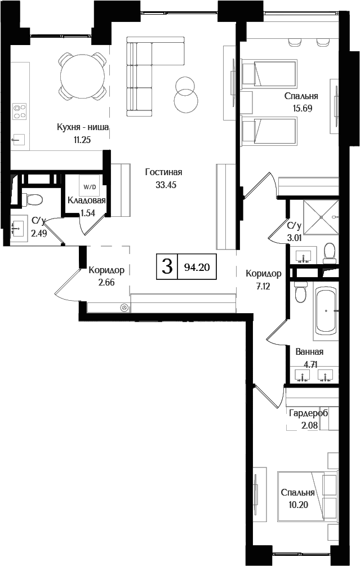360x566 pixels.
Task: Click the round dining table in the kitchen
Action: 82,74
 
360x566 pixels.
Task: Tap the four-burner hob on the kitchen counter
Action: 20,111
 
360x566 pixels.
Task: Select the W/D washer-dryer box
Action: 89,186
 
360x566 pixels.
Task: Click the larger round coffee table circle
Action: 186,102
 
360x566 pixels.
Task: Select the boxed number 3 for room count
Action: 167,266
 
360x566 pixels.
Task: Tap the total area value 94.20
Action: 197,267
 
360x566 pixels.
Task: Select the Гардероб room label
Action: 308,413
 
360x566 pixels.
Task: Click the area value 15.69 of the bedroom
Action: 301,108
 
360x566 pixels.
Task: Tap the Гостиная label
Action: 163,172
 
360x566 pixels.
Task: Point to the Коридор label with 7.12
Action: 263,274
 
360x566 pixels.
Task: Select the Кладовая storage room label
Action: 87,200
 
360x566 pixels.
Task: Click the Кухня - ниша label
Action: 82,127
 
